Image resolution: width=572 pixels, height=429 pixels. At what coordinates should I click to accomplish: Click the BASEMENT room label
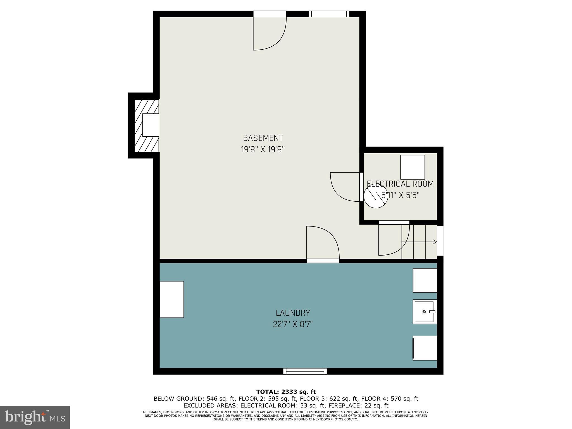click(x=263, y=138)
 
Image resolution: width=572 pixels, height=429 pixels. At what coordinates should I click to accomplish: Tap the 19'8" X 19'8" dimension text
click(x=263, y=150)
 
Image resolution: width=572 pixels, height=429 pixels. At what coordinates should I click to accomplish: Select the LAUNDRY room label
click(x=293, y=313)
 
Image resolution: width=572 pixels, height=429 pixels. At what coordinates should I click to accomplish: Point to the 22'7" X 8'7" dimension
click(x=293, y=324)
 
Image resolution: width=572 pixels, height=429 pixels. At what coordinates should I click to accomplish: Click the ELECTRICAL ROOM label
click(x=400, y=184)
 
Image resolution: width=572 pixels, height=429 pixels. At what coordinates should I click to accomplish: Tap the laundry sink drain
click(x=424, y=311)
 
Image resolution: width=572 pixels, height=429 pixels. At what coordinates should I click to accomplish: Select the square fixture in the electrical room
click(x=413, y=167)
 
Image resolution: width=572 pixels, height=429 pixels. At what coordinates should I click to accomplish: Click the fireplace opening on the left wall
click(x=151, y=125)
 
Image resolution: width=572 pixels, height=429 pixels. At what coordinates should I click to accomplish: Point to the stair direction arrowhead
click(x=435, y=242)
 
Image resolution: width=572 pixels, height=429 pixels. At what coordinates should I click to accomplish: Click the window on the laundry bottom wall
click(x=305, y=371)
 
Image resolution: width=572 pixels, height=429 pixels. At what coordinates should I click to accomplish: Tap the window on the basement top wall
click(x=329, y=14)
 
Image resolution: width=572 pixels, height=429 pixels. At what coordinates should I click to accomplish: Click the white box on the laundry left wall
click(x=171, y=299)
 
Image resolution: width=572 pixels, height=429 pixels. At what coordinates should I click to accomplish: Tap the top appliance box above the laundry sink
click(x=425, y=280)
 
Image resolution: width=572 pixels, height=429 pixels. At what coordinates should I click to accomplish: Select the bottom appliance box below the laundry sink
click(x=425, y=348)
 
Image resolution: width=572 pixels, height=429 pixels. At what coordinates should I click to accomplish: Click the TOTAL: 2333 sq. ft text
click(x=286, y=392)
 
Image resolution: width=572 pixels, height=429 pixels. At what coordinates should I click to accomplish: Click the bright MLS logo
click(x=35, y=417)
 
